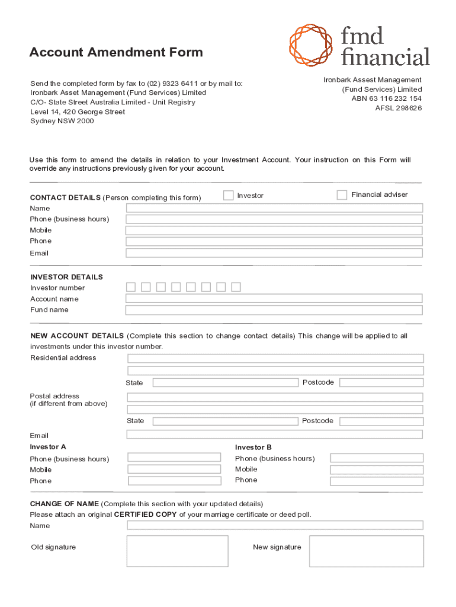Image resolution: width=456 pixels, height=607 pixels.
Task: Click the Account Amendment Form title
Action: point(116,52)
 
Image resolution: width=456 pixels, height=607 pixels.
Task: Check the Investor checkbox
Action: point(229,195)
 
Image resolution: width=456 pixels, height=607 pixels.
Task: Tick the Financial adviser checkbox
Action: point(342,195)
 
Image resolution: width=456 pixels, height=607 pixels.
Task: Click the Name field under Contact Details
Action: point(274,208)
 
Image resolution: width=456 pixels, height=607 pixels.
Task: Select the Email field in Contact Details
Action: point(274,253)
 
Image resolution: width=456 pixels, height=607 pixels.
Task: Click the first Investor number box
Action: point(131,287)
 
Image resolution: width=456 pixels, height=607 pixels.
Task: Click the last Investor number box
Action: point(236,287)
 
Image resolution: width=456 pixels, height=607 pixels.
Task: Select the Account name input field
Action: point(274,299)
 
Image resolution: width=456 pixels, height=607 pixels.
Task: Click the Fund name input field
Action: point(274,310)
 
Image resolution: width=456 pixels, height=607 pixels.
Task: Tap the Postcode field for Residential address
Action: point(381,383)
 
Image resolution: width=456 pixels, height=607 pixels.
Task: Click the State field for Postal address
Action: point(225,421)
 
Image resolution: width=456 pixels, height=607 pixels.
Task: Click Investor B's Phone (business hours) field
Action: point(377,458)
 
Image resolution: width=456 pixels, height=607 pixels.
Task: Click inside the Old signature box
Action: point(177,551)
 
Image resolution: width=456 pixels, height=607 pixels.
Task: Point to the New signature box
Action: point(366,551)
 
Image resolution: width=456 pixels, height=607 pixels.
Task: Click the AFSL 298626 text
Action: point(399,108)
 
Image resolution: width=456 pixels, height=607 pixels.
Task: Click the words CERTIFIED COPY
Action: point(145,515)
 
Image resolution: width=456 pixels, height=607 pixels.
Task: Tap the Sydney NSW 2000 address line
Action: point(62,121)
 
